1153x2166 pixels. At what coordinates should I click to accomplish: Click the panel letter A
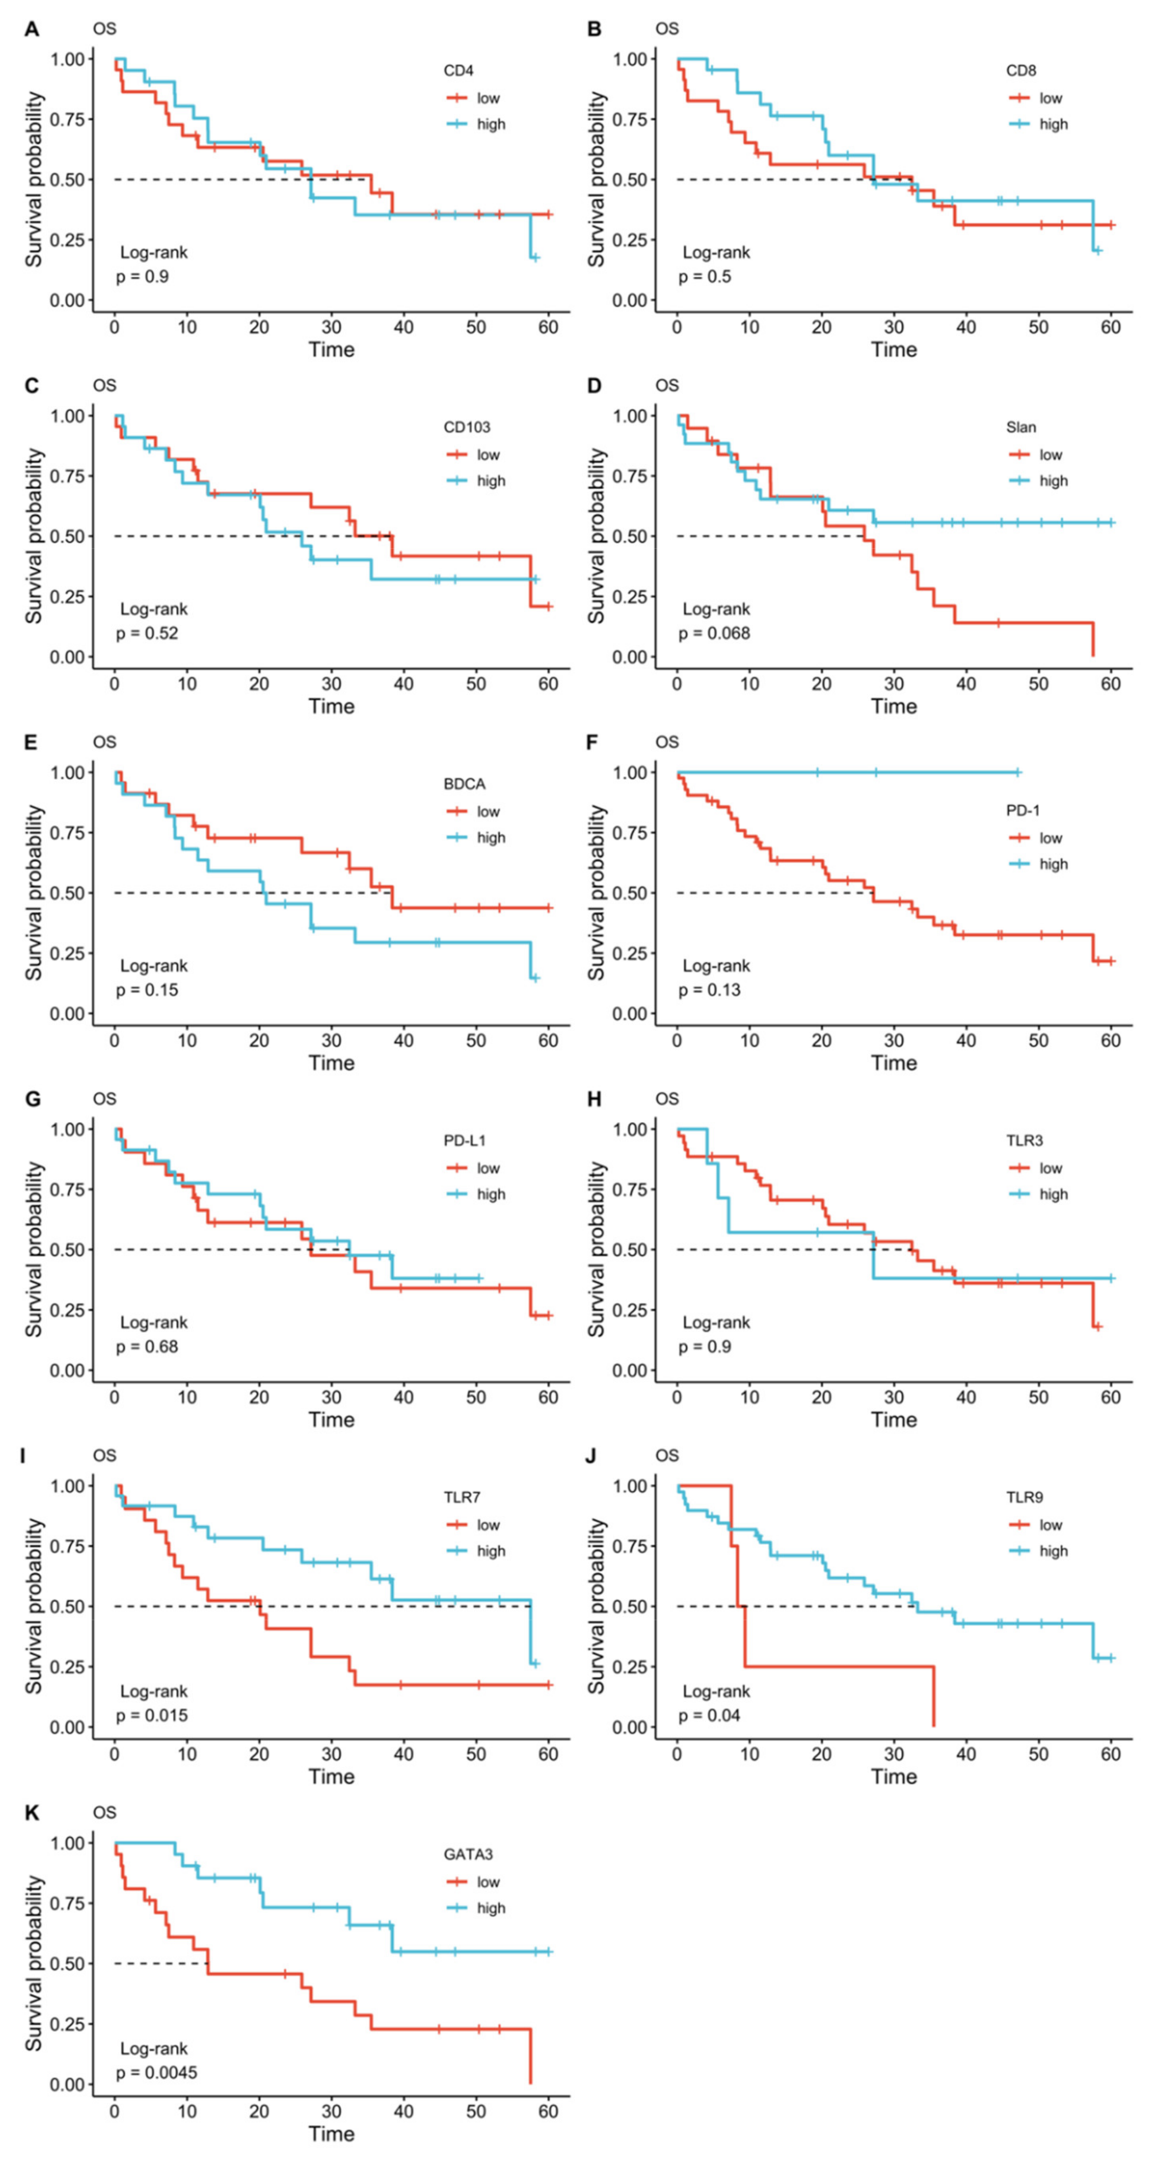pos(32,29)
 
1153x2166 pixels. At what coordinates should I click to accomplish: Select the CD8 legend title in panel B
pos(1021,71)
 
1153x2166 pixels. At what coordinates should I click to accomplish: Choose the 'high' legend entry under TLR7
pos(490,1551)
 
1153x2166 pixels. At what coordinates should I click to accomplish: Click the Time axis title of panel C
pos(332,706)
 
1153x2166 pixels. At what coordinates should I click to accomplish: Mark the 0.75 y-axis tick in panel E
pos(67,832)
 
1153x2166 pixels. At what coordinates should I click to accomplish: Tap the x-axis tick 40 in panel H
pos(966,1397)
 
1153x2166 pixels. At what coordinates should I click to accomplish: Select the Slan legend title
pos(1021,427)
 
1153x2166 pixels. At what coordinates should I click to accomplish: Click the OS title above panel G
pos(104,1099)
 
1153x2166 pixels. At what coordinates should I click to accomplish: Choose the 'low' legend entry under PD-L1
pos(488,1168)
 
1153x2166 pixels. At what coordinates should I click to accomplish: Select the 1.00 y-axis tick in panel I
pos(67,1486)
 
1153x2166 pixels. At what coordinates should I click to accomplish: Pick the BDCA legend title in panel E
pos(464,784)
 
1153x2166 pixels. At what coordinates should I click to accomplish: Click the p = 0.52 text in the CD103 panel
pos(147,633)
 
